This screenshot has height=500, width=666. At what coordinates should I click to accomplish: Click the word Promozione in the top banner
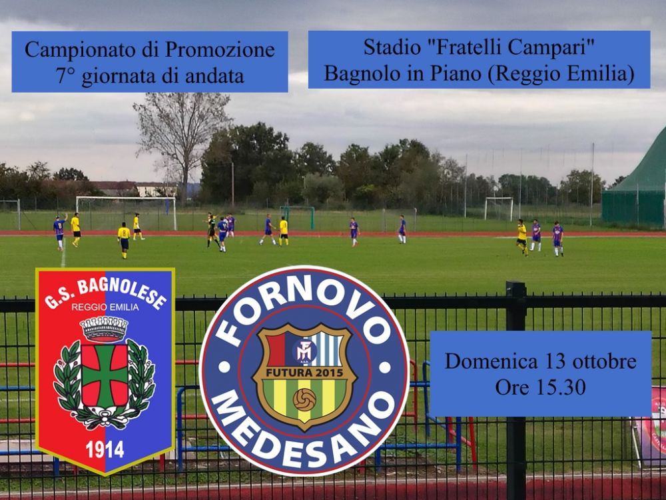220,50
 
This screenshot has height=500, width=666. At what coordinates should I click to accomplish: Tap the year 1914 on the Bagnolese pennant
105,449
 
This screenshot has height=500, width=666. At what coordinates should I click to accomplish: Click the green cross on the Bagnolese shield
105,375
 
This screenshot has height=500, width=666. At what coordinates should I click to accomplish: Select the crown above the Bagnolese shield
104,329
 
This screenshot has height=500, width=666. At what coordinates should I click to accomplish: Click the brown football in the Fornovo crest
304,399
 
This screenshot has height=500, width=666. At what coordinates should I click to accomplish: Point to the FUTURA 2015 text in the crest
304,373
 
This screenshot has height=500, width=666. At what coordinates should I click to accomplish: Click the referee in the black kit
212,230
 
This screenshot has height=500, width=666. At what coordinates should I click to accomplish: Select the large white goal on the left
126,213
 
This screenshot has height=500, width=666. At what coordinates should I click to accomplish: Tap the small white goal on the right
499,208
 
